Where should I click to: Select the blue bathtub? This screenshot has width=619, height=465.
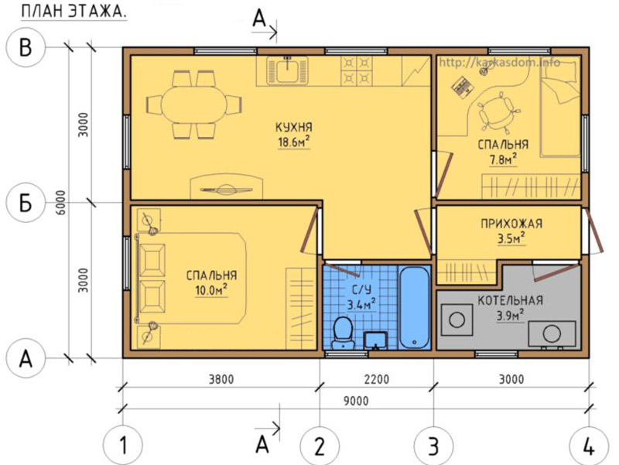pyautogui.click(x=413, y=307)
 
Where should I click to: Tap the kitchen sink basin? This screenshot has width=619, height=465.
pyautogui.click(x=287, y=70)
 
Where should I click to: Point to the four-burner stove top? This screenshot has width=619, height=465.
pyautogui.click(x=356, y=70)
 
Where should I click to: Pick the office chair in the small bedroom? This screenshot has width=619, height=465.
pyautogui.click(x=496, y=111)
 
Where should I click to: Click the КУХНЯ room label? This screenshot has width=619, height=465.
pyautogui.click(x=294, y=128)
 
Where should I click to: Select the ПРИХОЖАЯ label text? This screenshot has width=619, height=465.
pyautogui.click(x=511, y=224)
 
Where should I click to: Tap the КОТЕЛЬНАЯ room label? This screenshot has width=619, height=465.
pyautogui.click(x=510, y=301)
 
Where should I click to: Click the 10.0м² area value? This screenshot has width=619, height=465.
pyautogui.click(x=211, y=290)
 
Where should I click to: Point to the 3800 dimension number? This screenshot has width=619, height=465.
pyautogui.click(x=221, y=379)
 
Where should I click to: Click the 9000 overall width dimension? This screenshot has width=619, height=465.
pyautogui.click(x=356, y=401)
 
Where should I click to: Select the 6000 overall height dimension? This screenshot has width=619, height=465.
pyautogui.click(x=61, y=203)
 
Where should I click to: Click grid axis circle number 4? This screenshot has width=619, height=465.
pyautogui.click(x=589, y=447)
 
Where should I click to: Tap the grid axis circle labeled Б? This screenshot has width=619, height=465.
pyautogui.click(x=26, y=203)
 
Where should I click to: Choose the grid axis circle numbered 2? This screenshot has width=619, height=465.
pyautogui.click(x=320, y=447)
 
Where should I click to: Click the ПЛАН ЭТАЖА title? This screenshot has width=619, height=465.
pyautogui.click(x=74, y=12)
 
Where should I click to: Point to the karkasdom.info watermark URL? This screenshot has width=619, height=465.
pyautogui.click(x=499, y=63)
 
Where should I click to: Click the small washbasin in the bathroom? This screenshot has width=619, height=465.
pyautogui.click(x=375, y=340)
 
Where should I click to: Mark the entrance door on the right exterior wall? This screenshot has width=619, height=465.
pyautogui.click(x=594, y=231)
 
